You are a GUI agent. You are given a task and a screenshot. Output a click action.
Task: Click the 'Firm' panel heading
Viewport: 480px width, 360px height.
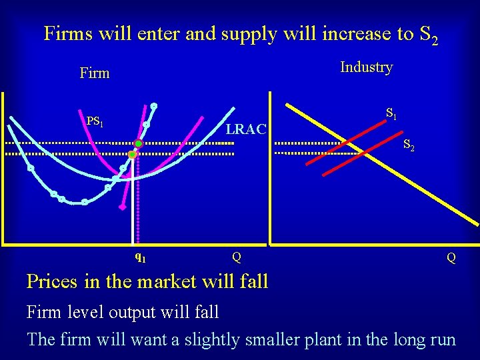tap(94, 73)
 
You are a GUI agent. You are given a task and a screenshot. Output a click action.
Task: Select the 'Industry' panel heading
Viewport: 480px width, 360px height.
tap(366, 67)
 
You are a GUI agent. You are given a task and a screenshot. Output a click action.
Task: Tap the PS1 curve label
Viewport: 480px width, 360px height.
tap(95, 121)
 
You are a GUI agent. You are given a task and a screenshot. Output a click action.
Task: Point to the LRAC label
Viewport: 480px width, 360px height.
tap(246, 129)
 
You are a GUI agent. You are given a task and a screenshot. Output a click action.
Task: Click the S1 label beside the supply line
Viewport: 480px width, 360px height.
tap(391, 114)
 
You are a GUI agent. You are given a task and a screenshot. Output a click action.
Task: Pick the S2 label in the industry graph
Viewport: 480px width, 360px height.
tap(409, 146)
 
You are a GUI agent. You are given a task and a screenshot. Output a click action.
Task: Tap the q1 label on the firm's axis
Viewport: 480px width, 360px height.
tap(140, 256)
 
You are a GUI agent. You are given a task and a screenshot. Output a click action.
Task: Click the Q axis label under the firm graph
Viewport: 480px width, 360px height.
tap(237, 257)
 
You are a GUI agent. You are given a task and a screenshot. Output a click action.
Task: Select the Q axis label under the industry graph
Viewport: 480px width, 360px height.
tap(451, 257)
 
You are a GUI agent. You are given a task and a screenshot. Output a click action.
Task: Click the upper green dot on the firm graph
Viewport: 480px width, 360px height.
tap(138, 143)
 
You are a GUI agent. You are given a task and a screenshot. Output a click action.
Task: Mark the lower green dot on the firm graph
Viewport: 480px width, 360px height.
tap(132, 155)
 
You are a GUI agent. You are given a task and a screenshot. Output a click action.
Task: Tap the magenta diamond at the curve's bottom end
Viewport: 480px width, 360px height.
tap(122, 207)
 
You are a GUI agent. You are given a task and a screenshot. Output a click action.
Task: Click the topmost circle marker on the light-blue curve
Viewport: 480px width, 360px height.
tap(153, 105)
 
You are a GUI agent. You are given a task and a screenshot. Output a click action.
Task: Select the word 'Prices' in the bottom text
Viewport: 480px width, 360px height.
tap(53, 281)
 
